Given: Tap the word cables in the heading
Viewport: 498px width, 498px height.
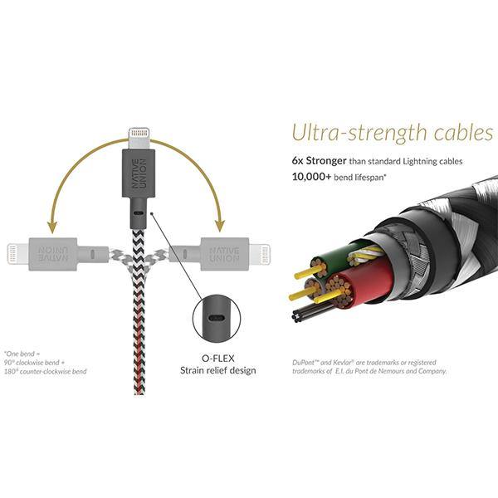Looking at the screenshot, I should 456,134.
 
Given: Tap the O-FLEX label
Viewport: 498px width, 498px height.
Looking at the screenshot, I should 218,358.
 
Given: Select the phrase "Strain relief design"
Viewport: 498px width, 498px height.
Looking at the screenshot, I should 218,370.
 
